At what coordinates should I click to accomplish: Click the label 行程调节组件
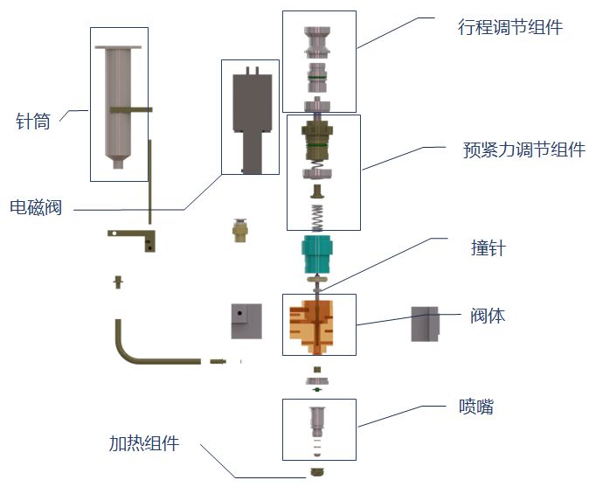pos(510,27)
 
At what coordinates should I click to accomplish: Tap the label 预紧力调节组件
pos(524,150)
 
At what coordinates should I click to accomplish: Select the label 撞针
pos(488,248)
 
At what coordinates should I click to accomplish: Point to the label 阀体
pos(488,316)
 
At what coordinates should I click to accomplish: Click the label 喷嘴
pos(476,407)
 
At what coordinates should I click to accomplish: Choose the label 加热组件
pos(144,443)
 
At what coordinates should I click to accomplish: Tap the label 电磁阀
pos(36,207)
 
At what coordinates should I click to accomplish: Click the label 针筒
pos(33,122)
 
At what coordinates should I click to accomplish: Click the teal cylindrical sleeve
pos(318,254)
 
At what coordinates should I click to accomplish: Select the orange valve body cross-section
pos(312,327)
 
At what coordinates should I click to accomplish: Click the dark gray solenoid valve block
pos(252,120)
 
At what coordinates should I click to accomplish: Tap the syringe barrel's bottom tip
pos(118,165)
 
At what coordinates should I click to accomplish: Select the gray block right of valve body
pos(425,324)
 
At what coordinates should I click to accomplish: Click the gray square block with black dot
pos(246,321)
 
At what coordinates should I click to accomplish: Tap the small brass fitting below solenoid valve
pos(239,230)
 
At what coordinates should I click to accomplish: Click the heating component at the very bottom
pos(317,472)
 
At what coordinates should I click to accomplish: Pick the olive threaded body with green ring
pos(317,140)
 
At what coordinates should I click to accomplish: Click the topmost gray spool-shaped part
pos(317,41)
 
